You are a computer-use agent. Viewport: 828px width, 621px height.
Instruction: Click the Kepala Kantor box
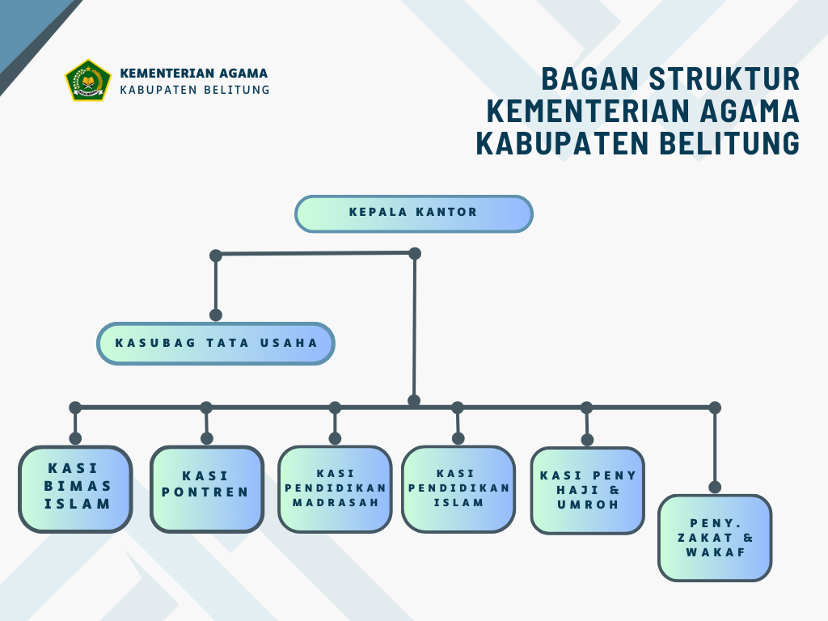[413, 213]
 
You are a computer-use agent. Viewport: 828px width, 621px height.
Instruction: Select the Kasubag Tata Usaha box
[215, 343]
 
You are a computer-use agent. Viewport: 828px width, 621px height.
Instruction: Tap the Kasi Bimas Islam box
[75, 489]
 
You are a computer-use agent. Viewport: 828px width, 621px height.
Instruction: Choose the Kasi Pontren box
[207, 489]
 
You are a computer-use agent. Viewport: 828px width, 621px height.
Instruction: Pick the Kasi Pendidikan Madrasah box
[336, 489]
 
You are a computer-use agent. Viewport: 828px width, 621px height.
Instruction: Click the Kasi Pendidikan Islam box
[458, 489]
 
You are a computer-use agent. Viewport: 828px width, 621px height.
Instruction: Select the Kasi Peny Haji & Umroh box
[588, 491]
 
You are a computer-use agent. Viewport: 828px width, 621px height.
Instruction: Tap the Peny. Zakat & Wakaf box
[715, 538]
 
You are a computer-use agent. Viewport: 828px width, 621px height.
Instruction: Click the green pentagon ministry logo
[88, 80]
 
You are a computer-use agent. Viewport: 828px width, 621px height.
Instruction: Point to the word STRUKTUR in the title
[724, 78]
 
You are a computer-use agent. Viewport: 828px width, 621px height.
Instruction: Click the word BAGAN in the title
[590, 78]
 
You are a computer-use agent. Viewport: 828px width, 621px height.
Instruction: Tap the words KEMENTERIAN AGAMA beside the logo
[194, 74]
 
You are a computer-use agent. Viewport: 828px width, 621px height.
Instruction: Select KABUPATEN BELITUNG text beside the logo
[195, 90]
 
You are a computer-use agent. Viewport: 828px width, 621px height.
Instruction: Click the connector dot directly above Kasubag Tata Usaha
[215, 315]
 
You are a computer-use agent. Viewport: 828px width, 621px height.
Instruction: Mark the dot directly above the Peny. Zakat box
[715, 487]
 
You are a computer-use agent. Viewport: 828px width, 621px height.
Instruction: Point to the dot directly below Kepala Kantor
[415, 253]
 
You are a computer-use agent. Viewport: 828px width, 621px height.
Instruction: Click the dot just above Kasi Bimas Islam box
[75, 438]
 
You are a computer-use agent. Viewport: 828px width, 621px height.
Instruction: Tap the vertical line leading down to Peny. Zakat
[715, 447]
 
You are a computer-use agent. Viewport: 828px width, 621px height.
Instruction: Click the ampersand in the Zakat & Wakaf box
[748, 538]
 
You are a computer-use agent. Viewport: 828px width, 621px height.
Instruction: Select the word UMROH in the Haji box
[588, 505]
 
